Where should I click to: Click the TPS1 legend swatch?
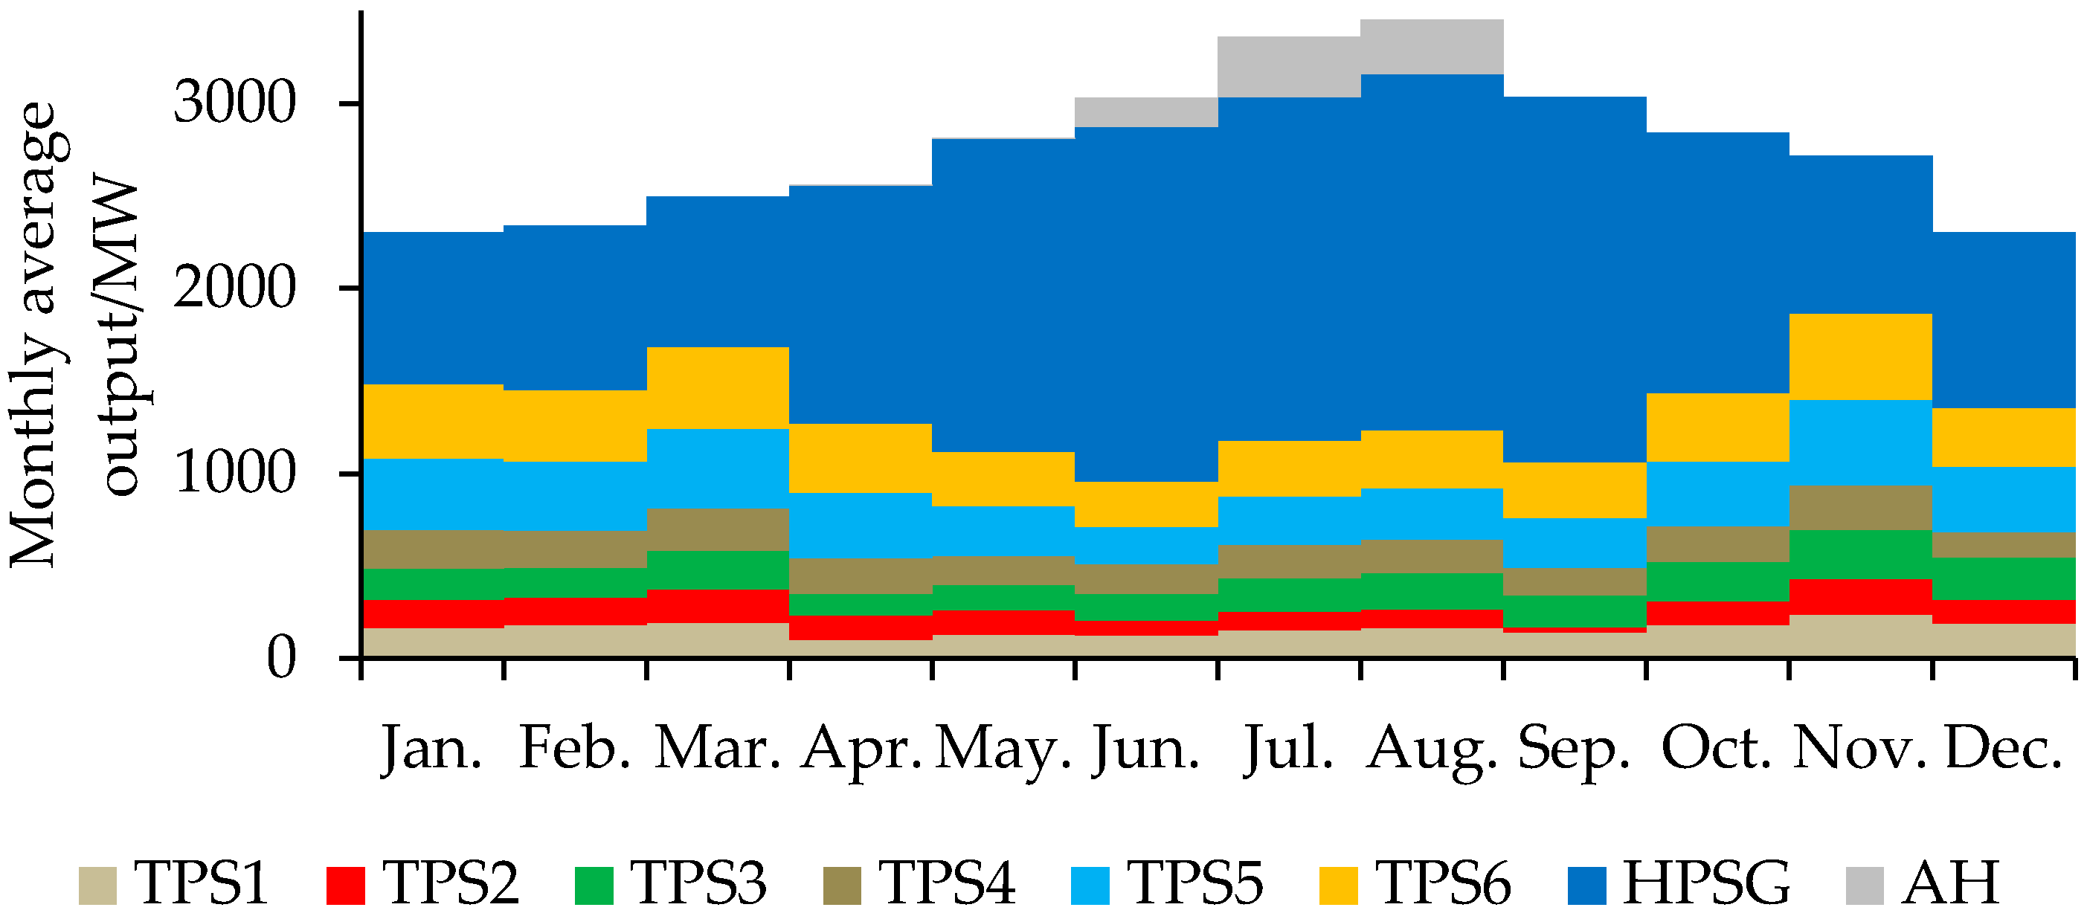97,886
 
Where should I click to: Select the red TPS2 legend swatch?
345,886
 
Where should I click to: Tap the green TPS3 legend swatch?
594,886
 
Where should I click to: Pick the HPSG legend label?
1706,882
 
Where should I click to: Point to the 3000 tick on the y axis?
235,103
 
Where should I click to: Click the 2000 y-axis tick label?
235,288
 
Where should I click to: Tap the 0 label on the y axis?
282,658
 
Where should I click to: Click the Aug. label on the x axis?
1432,749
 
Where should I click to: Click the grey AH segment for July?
1289,66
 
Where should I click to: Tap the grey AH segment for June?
1146,112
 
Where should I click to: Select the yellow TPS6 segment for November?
1860,356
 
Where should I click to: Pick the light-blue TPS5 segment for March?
718,468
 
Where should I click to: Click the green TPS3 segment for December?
2003,578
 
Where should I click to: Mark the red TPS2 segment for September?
1574,629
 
